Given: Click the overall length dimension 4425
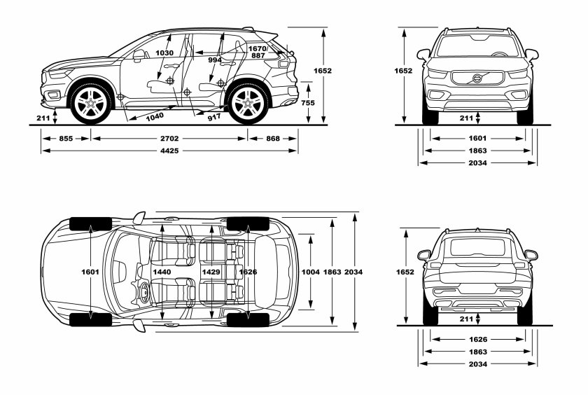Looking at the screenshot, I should pos(169,151).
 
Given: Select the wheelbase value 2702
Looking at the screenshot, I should pos(169,139).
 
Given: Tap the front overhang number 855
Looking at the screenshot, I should pos(66,139).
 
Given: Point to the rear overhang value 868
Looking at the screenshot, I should pos(273,139).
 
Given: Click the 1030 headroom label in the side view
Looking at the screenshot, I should pos(164,53).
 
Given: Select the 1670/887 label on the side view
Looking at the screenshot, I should pos(258,52).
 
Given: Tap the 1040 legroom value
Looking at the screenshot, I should pos(155,116).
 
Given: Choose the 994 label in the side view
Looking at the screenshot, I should pos(215,60).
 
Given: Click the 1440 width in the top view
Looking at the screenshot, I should pos(162,271).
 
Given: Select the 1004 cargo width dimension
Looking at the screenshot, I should pos(311,271).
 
